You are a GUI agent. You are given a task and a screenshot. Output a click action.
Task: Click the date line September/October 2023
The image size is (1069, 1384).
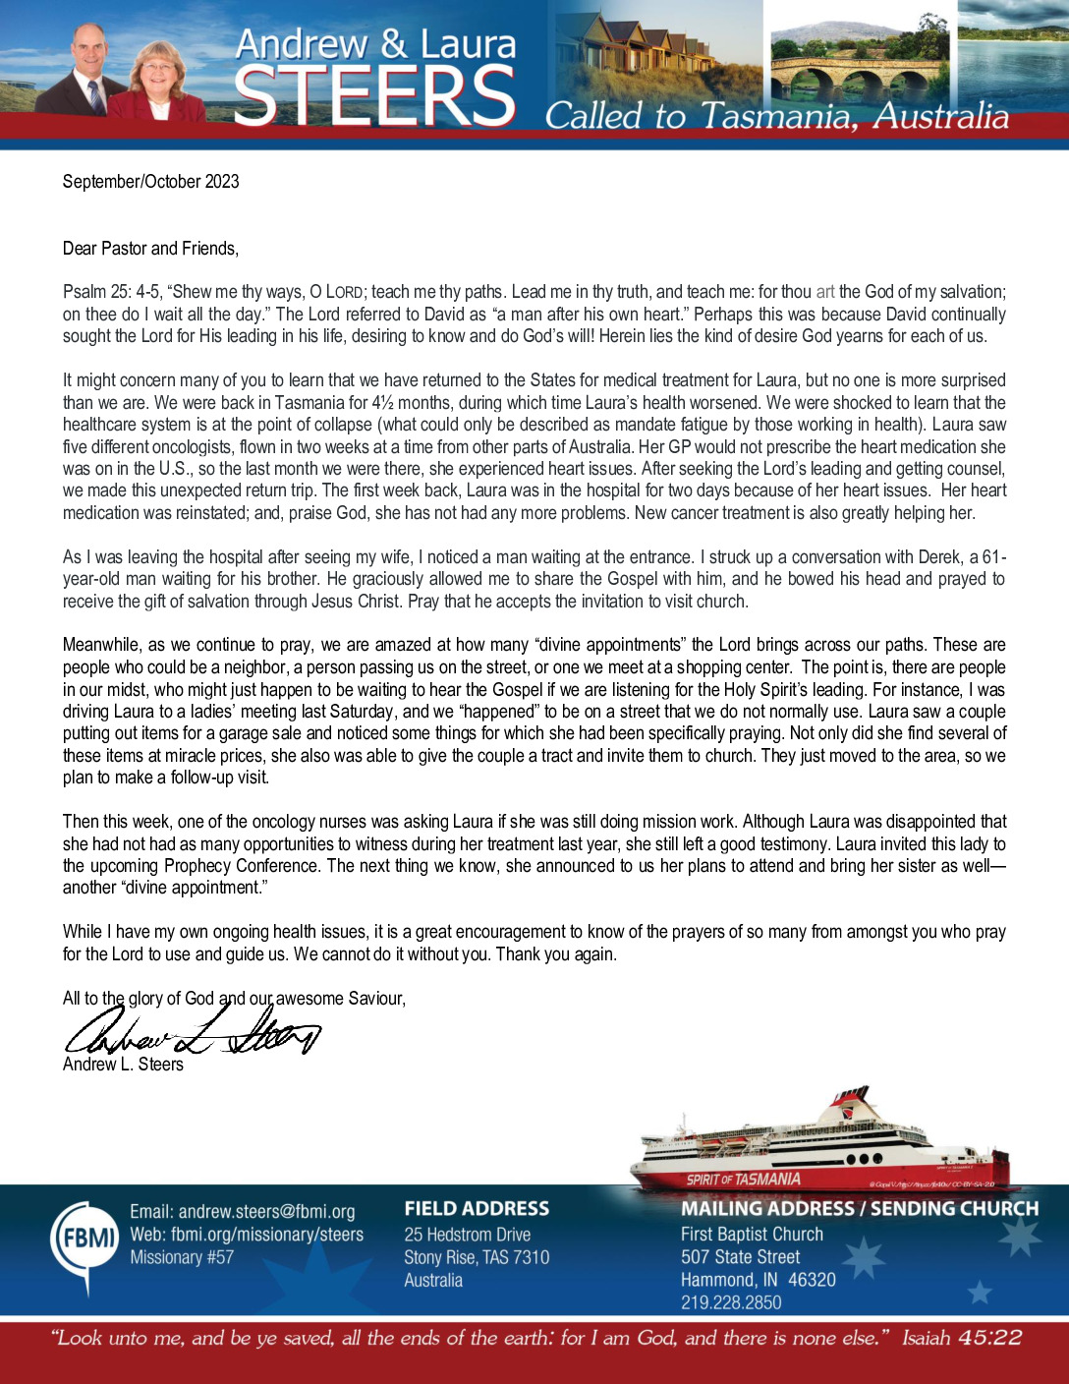coord(150,182)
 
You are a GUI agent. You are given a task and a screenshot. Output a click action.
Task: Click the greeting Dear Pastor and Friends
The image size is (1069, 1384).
coord(150,249)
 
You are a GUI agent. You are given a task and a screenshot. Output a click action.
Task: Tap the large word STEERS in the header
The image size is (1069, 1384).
coord(374,96)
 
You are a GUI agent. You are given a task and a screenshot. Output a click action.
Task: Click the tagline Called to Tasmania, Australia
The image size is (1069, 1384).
coord(776,116)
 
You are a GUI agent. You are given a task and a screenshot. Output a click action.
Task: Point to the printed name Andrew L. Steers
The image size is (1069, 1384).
coord(123,1065)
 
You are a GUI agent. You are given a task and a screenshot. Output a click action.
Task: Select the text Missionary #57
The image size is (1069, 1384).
coord(182,1257)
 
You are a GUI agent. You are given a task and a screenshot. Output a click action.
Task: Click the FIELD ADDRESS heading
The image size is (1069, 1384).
coord(477,1209)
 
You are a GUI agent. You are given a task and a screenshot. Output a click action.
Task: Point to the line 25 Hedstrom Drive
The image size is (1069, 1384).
coord(467,1235)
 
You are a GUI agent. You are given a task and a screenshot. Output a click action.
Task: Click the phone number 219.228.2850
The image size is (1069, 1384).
coord(731,1302)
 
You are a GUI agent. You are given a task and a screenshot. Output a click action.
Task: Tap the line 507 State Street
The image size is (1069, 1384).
coord(740,1257)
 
